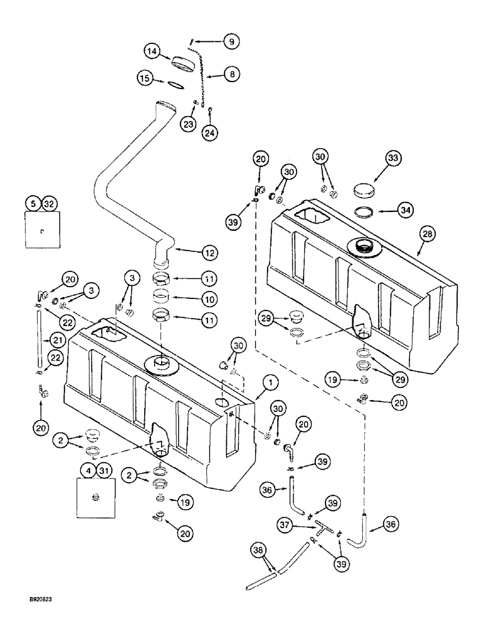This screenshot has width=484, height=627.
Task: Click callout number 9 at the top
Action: [x=231, y=42]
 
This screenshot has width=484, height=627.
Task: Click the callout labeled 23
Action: [x=188, y=124]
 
